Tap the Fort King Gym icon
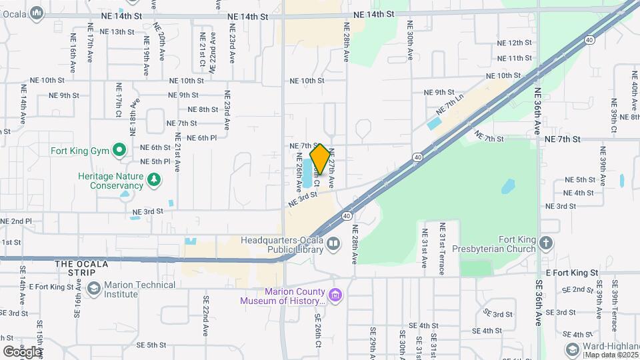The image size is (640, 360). pos(119,150)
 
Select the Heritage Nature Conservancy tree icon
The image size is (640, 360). pos(154,179)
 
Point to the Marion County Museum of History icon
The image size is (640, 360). pos(335,295)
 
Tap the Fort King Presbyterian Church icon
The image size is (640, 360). pos(547,243)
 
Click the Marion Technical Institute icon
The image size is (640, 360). pos(94,289)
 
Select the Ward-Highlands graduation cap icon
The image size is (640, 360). pos(571,350)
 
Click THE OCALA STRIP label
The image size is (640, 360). pos(81,264)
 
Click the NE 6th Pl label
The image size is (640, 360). pos(202,138)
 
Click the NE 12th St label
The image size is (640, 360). pos(515,43)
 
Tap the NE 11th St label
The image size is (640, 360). pos(515,59)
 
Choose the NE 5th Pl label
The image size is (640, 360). pos(156,162)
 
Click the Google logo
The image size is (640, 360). pos(22,351)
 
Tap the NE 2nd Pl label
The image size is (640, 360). pos(16,221)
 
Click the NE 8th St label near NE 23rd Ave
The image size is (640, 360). pos(203,109)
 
